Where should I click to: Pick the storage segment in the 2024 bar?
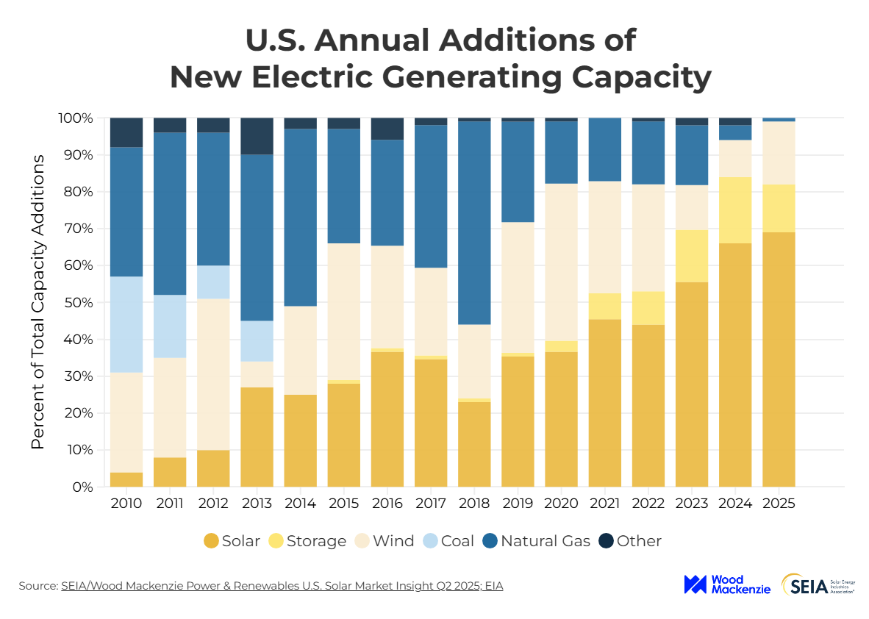click(735, 210)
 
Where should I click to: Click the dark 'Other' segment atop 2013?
click(257, 136)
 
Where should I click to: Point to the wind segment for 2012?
click(213, 374)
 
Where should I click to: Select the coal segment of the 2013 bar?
click(257, 341)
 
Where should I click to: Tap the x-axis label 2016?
click(387, 504)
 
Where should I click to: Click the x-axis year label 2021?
click(604, 504)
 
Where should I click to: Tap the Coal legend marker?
click(429, 541)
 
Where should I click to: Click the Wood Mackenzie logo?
click(726, 584)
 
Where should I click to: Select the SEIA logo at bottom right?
click(816, 584)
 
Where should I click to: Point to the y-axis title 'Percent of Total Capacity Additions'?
click(38, 302)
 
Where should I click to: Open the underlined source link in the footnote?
click(282, 586)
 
